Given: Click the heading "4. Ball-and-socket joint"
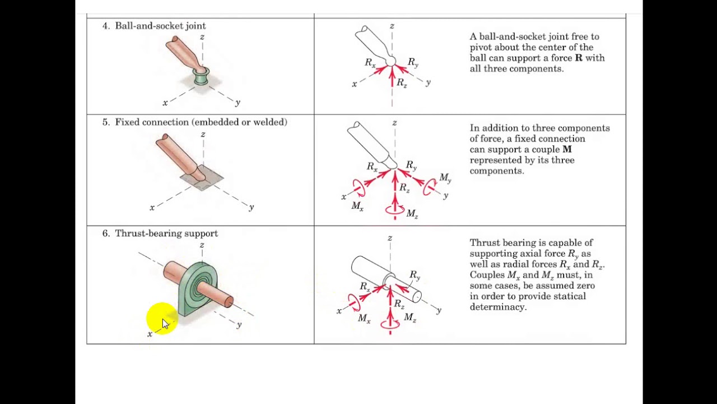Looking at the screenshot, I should (x=154, y=26).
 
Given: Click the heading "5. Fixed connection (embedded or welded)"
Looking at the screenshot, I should (x=194, y=122).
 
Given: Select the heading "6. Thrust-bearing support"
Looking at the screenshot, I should (x=160, y=233).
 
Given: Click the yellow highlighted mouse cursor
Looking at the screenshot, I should (x=162, y=320).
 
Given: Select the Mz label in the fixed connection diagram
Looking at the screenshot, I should (x=412, y=214).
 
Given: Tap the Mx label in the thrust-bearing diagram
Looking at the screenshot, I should (x=364, y=319).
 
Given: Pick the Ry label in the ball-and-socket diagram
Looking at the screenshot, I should (x=413, y=62).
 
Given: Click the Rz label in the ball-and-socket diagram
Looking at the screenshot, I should (x=402, y=83).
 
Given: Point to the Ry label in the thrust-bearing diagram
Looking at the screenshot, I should (x=415, y=275).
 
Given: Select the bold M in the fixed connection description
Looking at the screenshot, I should (x=567, y=150).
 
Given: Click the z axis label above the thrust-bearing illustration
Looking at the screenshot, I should (x=202, y=245).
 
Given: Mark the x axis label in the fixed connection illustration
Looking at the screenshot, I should (x=152, y=208).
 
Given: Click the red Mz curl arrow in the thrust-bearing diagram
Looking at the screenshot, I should (x=390, y=324).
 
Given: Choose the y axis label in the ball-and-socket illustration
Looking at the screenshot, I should (x=238, y=103).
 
